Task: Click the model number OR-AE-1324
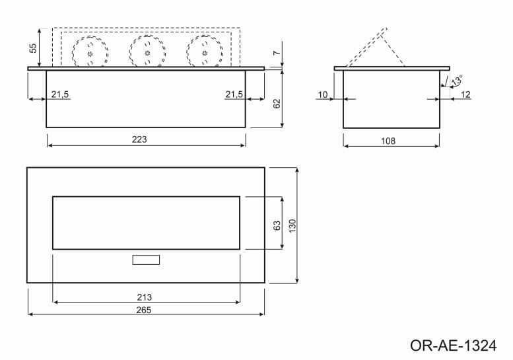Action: pos(452,345)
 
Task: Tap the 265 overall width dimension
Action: pos(145,310)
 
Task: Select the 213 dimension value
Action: pos(145,297)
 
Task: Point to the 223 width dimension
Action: pos(139,139)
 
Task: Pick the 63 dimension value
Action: pos(277,225)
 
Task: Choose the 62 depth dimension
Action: pos(277,104)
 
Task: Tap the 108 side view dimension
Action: pos(388,141)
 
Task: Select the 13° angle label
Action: pos(456,81)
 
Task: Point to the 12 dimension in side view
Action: pos(465,95)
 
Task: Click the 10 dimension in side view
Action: pos(323,95)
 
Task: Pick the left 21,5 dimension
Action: pos(59,95)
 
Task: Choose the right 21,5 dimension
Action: pos(234,95)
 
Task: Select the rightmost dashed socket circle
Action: pos(202,52)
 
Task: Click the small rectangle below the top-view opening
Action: pos(146,260)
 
